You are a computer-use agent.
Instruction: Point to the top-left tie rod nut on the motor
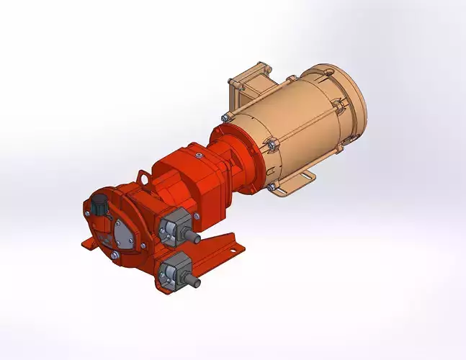point(225,117)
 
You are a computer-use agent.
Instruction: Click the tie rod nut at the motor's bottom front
point(272,188)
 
